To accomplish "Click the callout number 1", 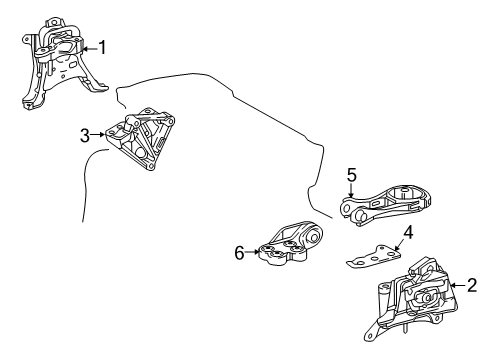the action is click(x=102, y=47).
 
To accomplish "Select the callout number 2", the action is click(x=472, y=285).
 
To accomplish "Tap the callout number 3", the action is click(x=85, y=136).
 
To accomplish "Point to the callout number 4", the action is click(x=408, y=233).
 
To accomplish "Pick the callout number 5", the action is click(x=352, y=175).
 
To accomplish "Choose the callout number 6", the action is click(x=239, y=253).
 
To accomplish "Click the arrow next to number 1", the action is click(x=89, y=49).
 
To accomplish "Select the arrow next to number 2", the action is click(x=458, y=285).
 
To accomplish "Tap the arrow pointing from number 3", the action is click(x=98, y=135).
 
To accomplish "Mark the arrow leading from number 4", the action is click(x=399, y=245).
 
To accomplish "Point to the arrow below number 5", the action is click(x=351, y=191).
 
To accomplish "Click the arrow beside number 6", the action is click(x=253, y=252).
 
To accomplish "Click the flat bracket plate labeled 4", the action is click(x=374, y=256).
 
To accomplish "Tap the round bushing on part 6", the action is click(x=314, y=238).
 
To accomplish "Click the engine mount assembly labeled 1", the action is click(x=63, y=63).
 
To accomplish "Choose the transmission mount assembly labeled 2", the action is click(x=412, y=298).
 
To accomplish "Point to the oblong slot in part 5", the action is click(x=376, y=204).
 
